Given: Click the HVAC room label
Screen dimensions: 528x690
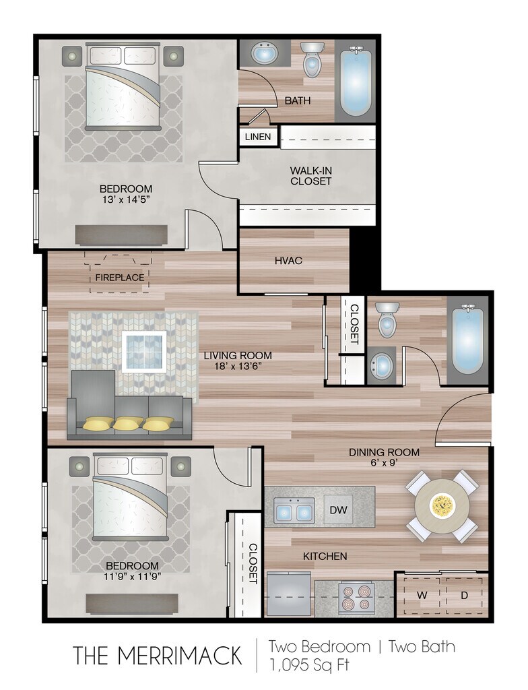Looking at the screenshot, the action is (288, 261).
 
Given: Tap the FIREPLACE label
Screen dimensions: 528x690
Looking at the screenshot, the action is (120, 278).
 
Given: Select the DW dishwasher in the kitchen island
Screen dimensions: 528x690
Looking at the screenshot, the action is (338, 509).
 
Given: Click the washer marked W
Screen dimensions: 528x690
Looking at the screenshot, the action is (422, 596).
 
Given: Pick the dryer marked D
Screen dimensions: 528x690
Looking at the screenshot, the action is (464, 596).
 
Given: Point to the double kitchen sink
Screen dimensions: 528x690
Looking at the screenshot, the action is (294, 511).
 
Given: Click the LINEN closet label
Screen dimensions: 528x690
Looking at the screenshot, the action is (258, 137).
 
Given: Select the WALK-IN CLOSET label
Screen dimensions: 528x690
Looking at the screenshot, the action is (310, 176).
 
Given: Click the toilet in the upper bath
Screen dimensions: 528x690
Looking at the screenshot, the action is (312, 59).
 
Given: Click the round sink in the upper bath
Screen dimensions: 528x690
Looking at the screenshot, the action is (265, 53).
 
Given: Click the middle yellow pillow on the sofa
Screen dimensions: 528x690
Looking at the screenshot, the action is (128, 423).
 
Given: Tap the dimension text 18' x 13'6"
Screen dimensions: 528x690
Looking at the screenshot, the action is (238, 366).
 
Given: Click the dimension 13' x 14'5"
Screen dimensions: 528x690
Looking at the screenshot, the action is (126, 199).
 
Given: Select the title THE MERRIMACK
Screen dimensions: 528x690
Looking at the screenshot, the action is (157, 656).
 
